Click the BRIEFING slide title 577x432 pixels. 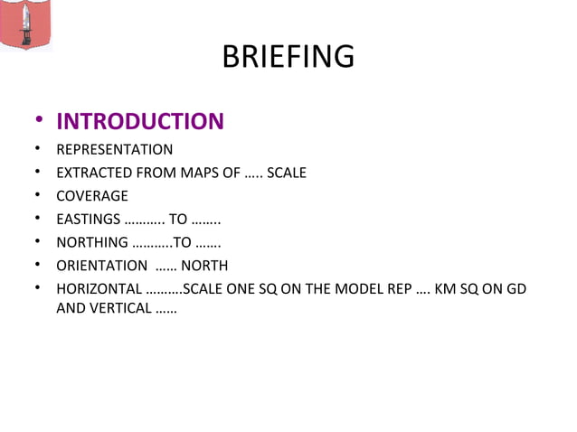tap(288, 57)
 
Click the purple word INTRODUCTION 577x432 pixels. tap(140, 121)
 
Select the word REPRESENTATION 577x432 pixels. tap(114, 149)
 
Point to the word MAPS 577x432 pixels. tap(199, 173)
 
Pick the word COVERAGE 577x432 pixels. tap(92, 196)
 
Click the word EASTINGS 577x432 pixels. tap(87, 220)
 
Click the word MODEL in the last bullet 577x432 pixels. tap(364, 289)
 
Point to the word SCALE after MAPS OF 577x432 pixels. tap(287, 173)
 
